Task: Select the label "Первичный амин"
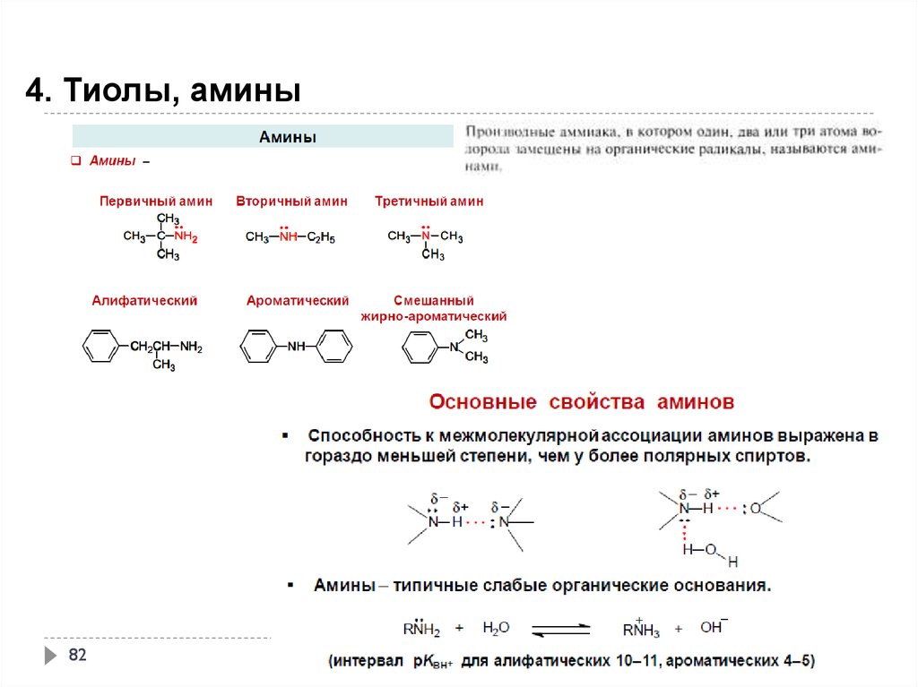156,202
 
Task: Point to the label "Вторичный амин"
291,202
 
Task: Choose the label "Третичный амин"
429,202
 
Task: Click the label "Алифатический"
144,301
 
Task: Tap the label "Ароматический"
298,301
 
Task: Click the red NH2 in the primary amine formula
186,237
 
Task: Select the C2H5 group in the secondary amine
321,237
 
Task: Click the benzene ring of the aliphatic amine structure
100,347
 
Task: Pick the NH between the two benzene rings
297,347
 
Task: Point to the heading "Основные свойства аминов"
582,401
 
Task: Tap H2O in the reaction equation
496,628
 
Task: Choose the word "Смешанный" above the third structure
433,301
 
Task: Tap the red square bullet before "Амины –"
76,161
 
